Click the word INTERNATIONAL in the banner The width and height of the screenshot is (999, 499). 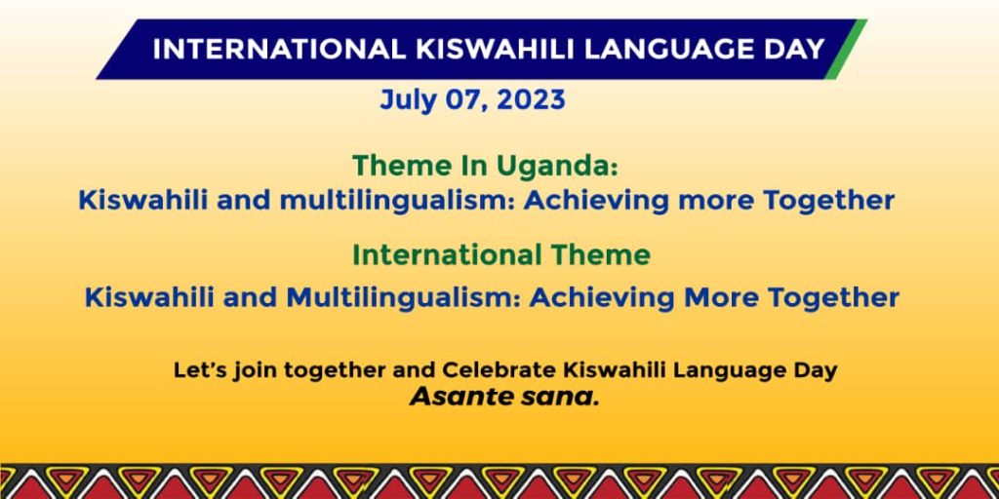pos(279,50)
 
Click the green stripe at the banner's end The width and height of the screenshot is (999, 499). pos(846,50)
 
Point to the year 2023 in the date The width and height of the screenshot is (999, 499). pos(532,100)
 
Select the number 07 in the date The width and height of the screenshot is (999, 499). pos(465,101)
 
